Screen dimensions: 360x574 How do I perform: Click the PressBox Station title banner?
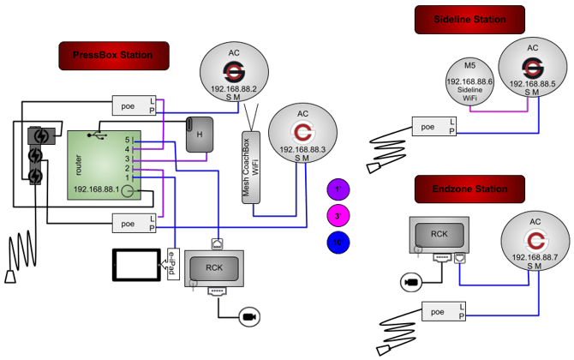click(x=113, y=56)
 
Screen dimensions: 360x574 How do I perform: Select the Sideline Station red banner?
click(x=469, y=19)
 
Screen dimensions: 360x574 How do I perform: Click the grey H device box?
click(x=200, y=135)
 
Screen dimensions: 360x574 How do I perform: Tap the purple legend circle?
click(x=338, y=189)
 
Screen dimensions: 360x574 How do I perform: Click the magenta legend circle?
click(x=338, y=214)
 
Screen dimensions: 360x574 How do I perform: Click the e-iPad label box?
click(x=171, y=264)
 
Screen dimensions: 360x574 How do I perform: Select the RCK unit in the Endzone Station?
click(x=439, y=234)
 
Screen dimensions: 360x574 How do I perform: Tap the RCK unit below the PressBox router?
click(x=214, y=267)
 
